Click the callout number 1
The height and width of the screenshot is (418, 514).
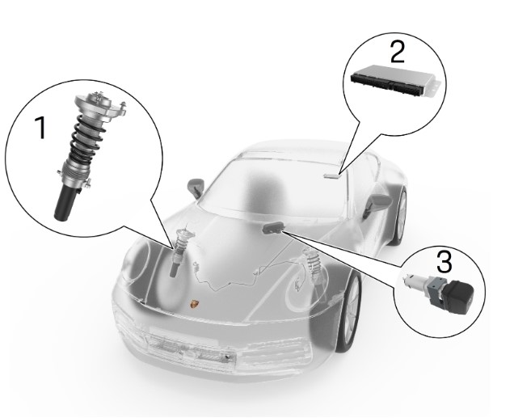[x=41, y=128]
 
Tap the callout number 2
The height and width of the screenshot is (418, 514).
[x=398, y=52]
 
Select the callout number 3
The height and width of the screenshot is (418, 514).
[x=444, y=261]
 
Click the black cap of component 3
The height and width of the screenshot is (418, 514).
[x=460, y=295]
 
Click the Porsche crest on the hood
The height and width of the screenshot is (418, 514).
[x=195, y=303]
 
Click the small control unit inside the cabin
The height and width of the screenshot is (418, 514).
[x=331, y=175]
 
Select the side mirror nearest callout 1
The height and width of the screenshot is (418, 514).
[x=196, y=188]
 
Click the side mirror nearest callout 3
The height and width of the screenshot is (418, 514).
[x=377, y=203]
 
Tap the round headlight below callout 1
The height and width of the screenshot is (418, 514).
[x=137, y=262]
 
